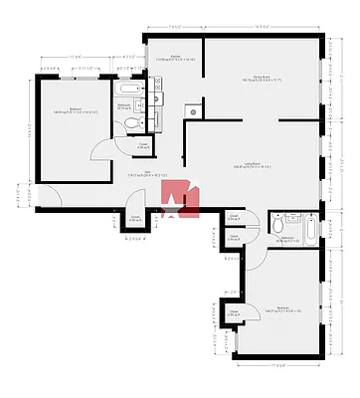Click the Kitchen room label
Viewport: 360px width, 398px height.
pos(176,59)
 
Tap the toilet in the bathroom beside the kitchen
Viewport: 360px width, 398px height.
pos(132,122)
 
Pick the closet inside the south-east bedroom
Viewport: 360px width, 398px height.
pos(233,312)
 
